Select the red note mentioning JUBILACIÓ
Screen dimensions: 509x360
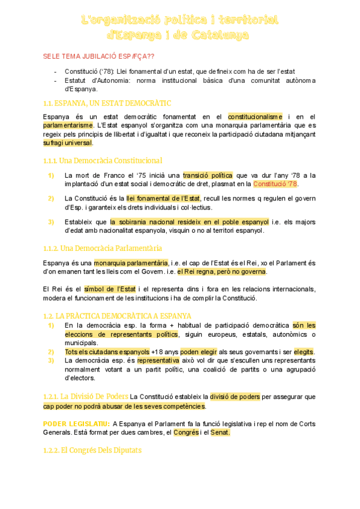click(98, 56)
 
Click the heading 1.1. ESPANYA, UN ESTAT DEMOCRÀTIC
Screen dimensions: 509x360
click(107, 103)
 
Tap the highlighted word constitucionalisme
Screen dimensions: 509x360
click(255, 116)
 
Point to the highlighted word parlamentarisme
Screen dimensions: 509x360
click(68, 125)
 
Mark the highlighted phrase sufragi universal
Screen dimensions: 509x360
click(68, 143)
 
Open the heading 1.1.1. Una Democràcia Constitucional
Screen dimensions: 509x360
click(103, 160)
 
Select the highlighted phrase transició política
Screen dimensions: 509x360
click(209, 175)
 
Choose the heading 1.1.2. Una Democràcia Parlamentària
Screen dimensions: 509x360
click(103, 248)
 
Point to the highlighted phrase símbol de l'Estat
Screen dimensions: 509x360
click(110, 289)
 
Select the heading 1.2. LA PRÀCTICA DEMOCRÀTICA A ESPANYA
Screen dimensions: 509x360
click(118, 316)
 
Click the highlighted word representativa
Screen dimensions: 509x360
click(158, 361)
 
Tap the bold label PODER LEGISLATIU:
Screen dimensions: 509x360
click(76, 424)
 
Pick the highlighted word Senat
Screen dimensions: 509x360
click(220, 432)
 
